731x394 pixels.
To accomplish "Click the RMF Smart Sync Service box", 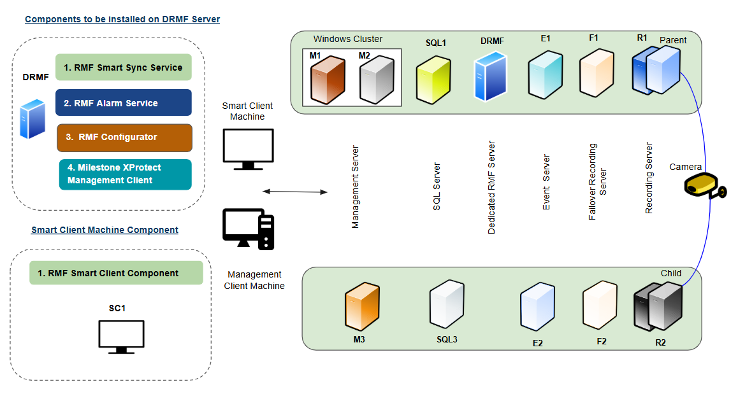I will pos(124,67).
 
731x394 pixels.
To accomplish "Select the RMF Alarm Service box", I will pos(124,102).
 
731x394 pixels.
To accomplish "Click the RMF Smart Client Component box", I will pos(116,273).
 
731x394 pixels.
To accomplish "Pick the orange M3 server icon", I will pos(362,308).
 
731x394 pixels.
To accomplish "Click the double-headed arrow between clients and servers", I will pos(294,191).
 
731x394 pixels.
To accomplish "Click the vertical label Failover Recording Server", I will pos(597,185).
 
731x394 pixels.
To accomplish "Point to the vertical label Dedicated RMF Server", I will pos(491,187).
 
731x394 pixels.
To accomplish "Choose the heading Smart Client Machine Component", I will pos(105,230).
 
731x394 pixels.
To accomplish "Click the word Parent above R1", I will pos(673,40).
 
